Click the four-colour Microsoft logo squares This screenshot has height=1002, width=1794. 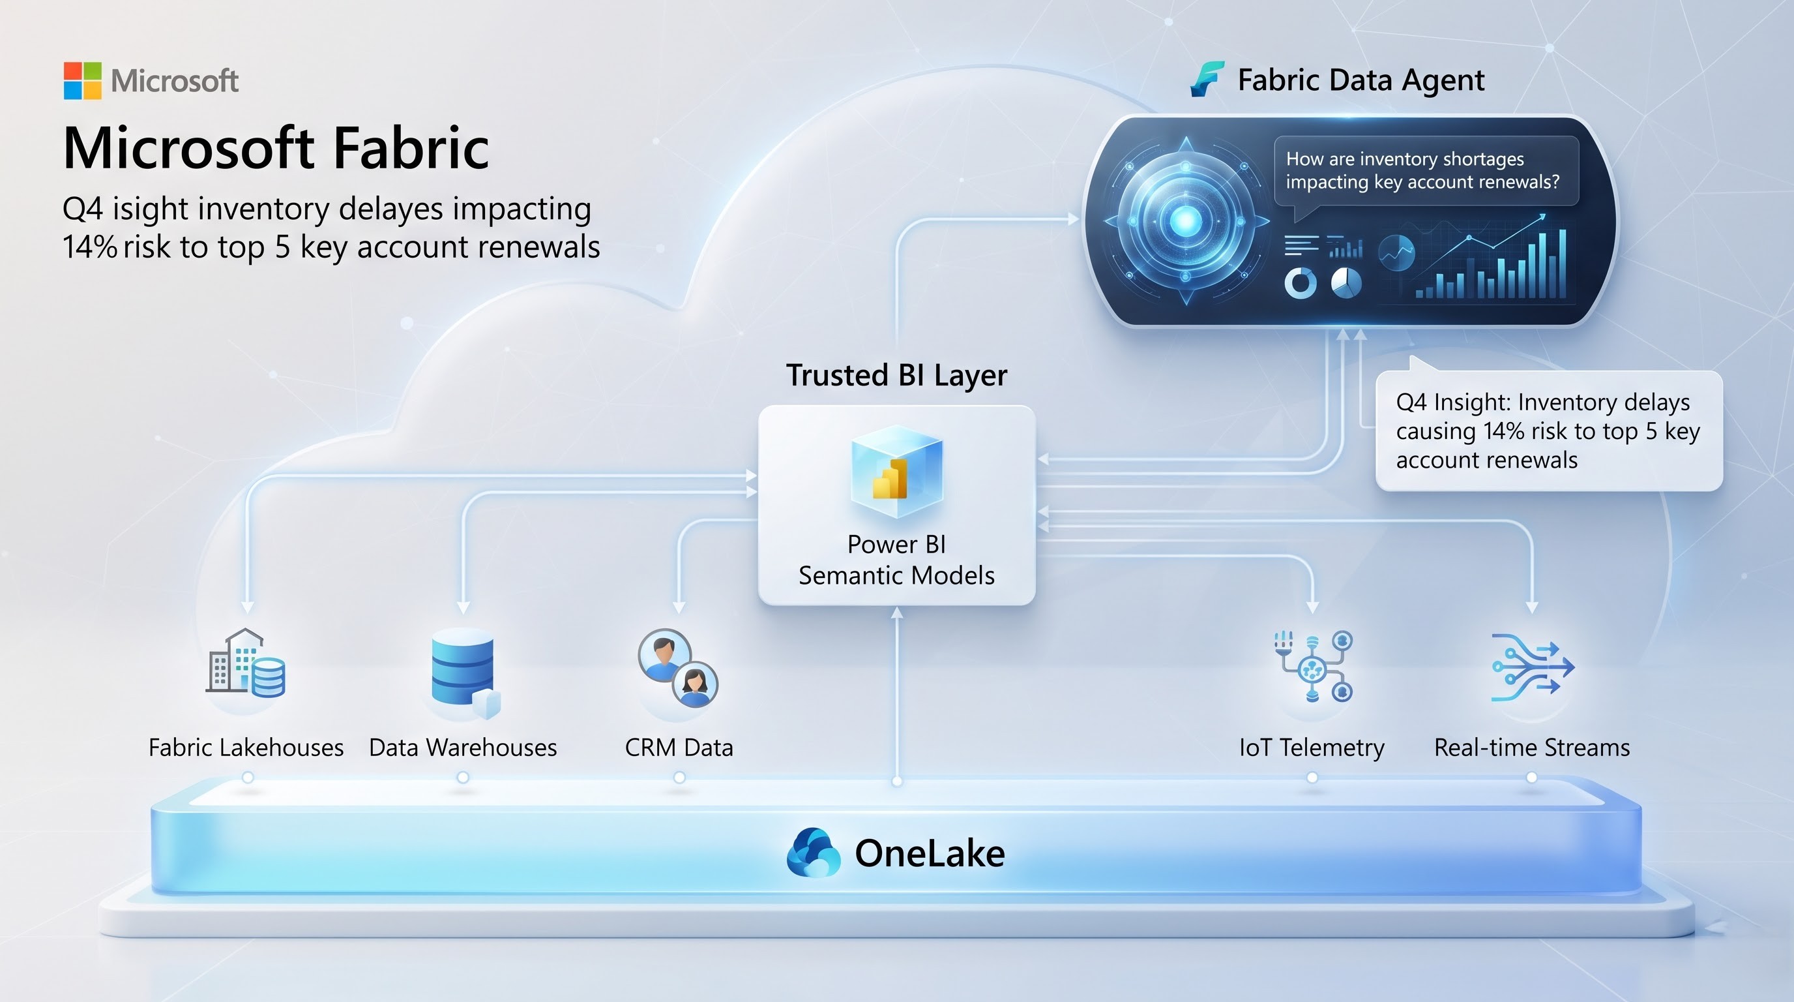[82, 81]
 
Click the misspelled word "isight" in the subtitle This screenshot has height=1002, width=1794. [150, 209]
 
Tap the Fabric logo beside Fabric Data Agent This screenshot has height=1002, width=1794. [1206, 80]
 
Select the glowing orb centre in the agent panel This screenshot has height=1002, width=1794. [1185, 221]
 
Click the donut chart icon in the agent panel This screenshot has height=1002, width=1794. [1301, 283]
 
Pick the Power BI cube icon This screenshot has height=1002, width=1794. [896, 472]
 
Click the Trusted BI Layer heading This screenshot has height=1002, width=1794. [896, 375]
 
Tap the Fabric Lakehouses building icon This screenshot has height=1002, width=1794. [246, 662]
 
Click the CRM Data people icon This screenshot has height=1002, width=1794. [677, 667]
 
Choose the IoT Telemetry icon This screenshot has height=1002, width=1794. [1313, 666]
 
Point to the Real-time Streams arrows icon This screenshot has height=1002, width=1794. [1532, 667]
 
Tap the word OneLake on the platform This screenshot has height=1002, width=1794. [930, 853]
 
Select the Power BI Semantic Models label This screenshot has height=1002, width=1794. [896, 560]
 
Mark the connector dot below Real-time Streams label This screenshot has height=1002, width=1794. [1531, 777]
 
